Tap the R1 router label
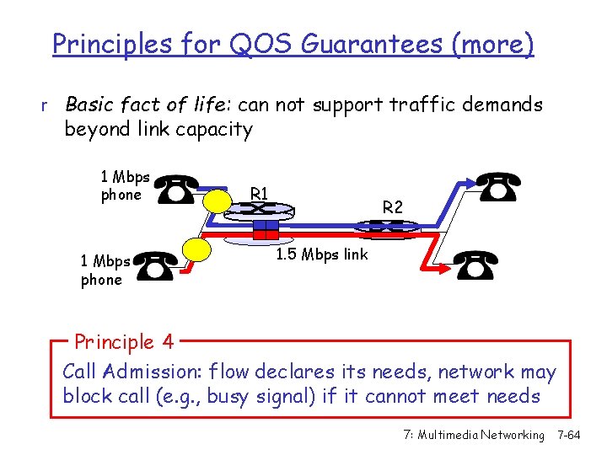tap(260, 194)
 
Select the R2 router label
tap(393, 206)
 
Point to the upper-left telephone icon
tap(177, 190)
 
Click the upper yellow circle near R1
tap(220, 201)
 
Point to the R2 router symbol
tap(385, 227)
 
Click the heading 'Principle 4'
tap(124, 342)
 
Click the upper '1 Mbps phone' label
tap(124, 186)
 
